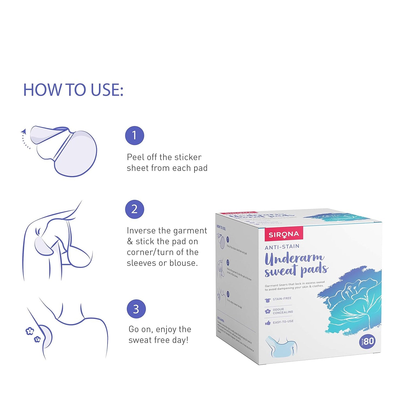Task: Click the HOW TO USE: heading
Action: [73, 90]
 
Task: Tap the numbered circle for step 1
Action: [134, 135]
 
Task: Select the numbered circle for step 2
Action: [134, 209]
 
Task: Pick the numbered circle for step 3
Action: [136, 309]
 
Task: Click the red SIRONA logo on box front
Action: [284, 234]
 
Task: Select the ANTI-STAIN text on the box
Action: [282, 247]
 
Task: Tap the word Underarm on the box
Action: [294, 258]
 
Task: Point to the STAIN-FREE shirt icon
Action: [268, 300]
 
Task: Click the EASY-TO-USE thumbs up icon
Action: [268, 323]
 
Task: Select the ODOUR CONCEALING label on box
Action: [283, 311]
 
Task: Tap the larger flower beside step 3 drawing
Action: [30, 331]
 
